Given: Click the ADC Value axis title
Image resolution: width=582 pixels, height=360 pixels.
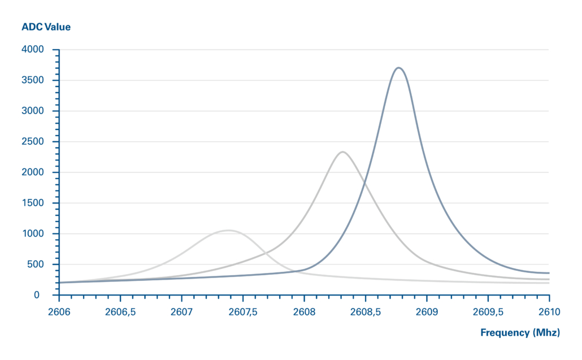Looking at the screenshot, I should click(x=46, y=27).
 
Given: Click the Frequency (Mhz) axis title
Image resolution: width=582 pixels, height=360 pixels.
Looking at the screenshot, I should click(x=520, y=332).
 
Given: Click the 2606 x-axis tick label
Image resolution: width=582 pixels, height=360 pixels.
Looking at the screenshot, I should click(x=59, y=311).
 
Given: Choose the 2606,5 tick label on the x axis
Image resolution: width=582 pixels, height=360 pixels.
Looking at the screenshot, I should click(x=120, y=311).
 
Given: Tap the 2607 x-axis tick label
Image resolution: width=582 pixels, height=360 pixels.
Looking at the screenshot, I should click(x=182, y=311).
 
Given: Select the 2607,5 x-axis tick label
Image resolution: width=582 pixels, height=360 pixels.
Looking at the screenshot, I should click(x=243, y=311).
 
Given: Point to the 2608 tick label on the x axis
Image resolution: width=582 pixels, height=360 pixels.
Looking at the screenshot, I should click(x=304, y=311).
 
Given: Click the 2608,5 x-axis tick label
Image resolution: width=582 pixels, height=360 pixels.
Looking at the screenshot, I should click(x=366, y=311).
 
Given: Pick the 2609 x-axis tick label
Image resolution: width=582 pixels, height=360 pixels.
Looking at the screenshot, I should click(x=427, y=311).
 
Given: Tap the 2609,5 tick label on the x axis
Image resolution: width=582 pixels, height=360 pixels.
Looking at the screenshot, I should click(x=488, y=311).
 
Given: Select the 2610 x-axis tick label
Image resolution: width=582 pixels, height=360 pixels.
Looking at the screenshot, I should click(x=549, y=311).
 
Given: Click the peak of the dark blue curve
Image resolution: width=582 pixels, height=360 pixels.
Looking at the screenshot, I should click(x=399, y=68).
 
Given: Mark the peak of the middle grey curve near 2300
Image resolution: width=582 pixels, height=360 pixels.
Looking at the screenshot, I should click(x=342, y=151).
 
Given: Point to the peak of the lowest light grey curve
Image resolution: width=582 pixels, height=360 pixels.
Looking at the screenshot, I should click(x=228, y=230).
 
